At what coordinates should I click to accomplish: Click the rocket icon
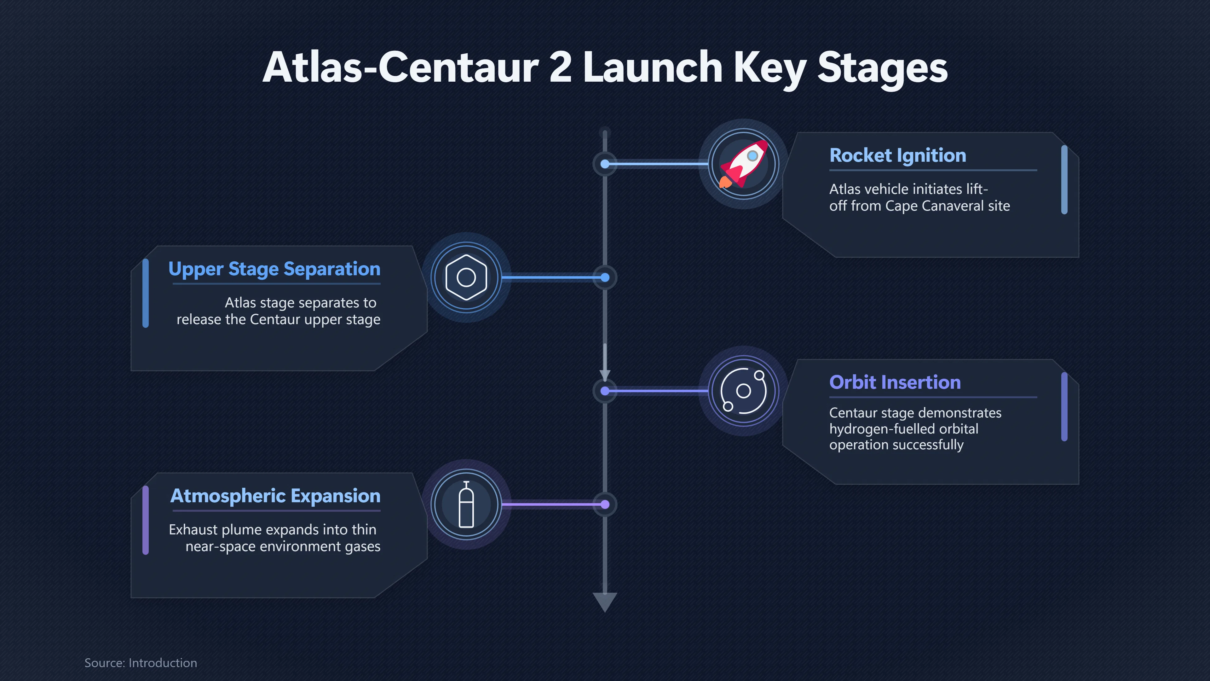744,164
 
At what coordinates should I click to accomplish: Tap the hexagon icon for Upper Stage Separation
466,277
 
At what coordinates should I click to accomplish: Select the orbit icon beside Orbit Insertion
744,391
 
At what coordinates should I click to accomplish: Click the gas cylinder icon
466,504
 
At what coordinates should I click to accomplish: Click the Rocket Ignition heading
898,155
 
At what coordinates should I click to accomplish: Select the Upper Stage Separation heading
274,269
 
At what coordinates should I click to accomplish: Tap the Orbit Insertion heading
895,382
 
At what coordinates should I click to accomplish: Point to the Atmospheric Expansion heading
275,496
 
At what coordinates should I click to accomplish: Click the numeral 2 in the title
560,67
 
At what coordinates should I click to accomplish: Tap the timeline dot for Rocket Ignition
605,164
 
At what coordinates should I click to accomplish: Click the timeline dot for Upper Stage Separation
605,278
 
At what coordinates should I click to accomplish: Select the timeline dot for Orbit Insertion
605,391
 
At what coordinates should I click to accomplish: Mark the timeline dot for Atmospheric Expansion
605,505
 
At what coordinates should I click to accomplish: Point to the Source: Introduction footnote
141,663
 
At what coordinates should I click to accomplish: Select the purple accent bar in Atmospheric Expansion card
146,520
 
